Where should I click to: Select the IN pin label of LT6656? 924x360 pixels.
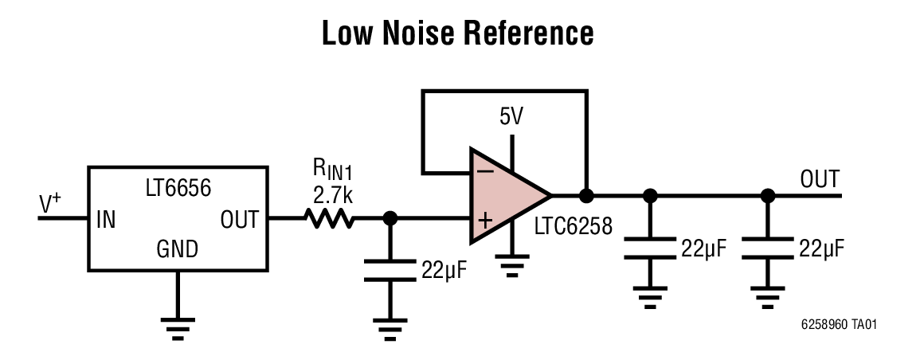tap(106, 219)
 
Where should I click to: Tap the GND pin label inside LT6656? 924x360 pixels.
tap(177, 250)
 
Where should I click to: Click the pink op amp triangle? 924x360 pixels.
tap(502, 195)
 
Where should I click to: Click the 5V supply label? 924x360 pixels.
tap(511, 118)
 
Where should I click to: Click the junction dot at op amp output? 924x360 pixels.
tap(586, 195)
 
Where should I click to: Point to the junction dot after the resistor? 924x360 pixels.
tap(390, 217)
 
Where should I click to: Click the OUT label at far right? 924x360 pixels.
tap(820, 178)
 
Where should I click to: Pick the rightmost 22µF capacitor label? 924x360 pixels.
tap(821, 248)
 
